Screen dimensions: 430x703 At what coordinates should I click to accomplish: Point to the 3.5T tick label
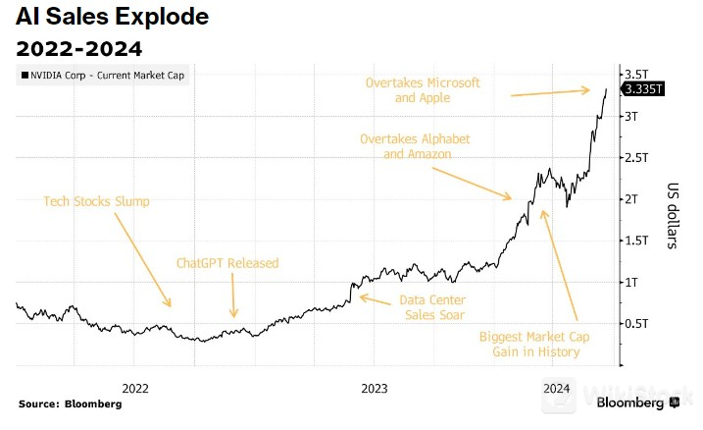[x=638, y=75]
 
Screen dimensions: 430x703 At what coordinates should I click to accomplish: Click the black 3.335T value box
[x=644, y=89]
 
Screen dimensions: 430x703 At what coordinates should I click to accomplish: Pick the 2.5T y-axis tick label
[x=638, y=157]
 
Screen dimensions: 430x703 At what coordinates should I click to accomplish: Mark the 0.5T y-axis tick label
[x=638, y=323]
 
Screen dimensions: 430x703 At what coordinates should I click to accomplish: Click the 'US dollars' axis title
[x=676, y=215]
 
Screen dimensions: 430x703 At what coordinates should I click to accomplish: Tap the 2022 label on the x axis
[x=134, y=386]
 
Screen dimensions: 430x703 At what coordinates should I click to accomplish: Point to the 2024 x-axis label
[x=557, y=386]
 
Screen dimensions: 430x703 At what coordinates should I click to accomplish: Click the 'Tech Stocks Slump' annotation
[x=96, y=201]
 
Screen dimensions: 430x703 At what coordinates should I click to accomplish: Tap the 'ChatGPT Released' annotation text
[x=227, y=263]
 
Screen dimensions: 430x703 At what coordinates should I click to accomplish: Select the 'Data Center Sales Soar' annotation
[x=432, y=306]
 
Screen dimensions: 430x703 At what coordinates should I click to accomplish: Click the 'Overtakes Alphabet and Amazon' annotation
[x=411, y=146]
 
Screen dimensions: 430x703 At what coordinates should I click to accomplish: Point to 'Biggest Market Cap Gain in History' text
[x=529, y=344]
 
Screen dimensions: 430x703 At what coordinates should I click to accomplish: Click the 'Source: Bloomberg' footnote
[x=70, y=404]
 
